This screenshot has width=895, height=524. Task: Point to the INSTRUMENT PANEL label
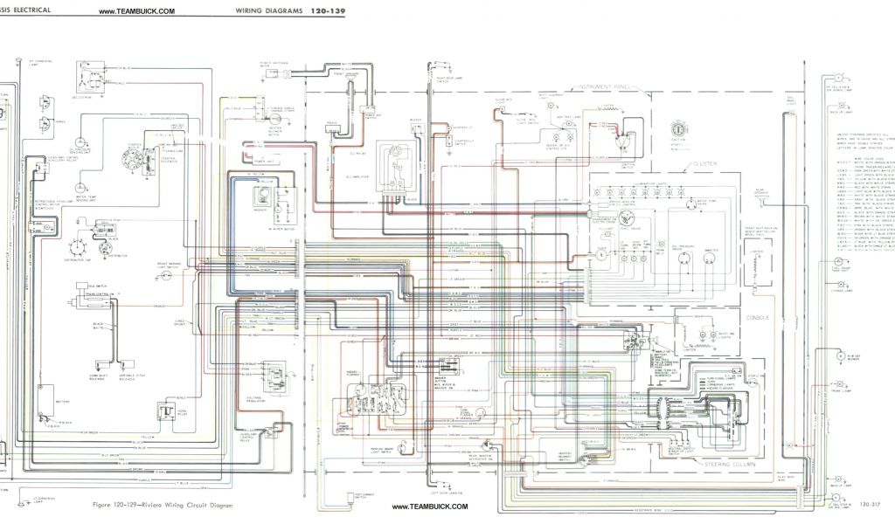(603, 88)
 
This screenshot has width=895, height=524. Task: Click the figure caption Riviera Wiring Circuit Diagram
(163, 506)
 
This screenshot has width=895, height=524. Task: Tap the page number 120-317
(869, 505)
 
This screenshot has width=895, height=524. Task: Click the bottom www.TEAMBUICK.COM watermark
(430, 507)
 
